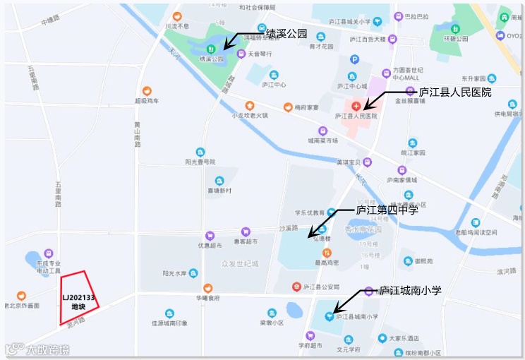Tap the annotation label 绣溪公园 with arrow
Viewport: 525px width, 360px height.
point(286,32)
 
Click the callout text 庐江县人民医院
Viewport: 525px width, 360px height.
point(454,92)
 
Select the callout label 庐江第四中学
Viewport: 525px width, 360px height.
point(387,209)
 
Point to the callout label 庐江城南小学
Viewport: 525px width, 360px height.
point(411,290)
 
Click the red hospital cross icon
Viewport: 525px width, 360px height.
point(356,104)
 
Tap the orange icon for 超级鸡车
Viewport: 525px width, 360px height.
point(147,91)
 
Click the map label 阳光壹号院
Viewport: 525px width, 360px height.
point(200,162)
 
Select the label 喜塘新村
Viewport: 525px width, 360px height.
point(219,191)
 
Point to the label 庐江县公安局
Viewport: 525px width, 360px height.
point(321,287)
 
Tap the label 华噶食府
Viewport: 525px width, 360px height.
point(207,298)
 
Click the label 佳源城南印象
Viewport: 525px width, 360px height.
point(169,323)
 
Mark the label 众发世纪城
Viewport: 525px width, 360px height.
point(240,264)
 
